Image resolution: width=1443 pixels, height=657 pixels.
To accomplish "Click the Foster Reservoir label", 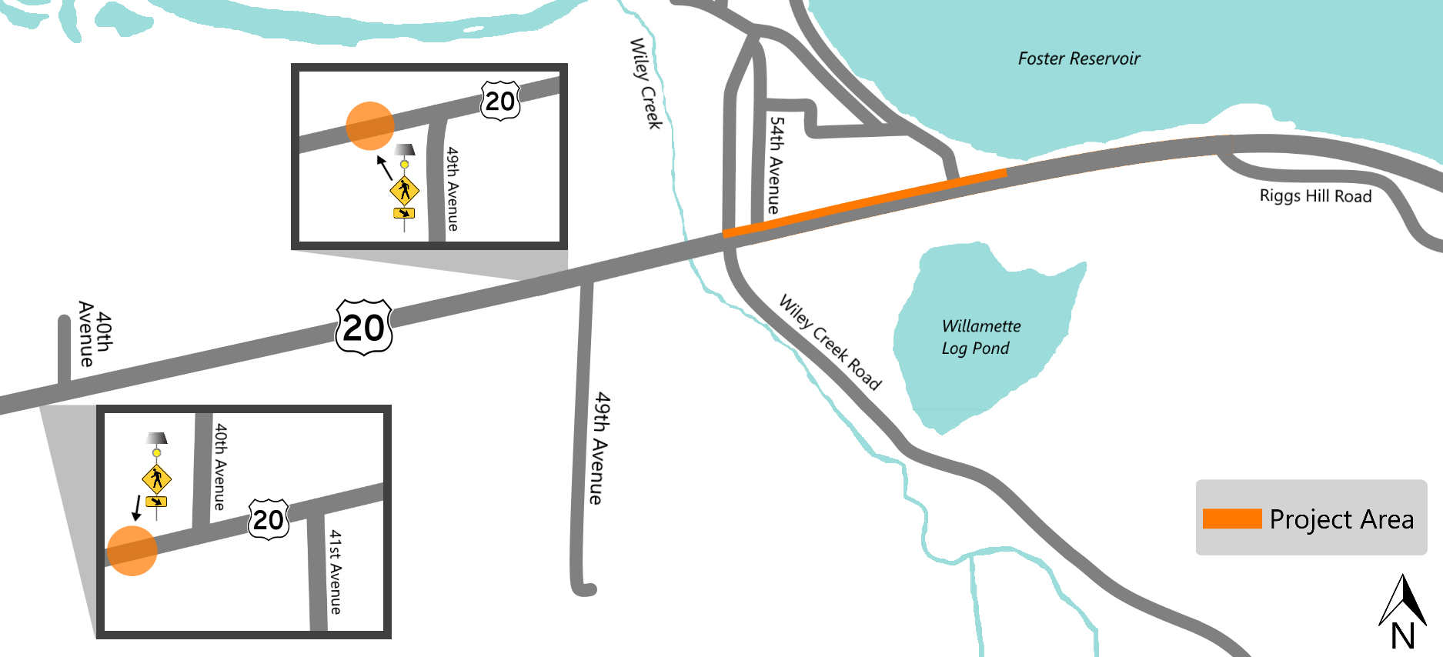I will (x=1078, y=58).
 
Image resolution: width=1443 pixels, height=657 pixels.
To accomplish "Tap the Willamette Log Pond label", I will (x=980, y=337).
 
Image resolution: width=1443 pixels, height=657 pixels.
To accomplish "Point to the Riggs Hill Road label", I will (x=1315, y=196).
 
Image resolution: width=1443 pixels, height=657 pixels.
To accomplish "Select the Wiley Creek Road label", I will (x=830, y=342).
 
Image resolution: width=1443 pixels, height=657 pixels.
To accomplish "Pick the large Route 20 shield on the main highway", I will (x=364, y=328).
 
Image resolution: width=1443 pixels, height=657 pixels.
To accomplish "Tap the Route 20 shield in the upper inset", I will (x=500, y=101).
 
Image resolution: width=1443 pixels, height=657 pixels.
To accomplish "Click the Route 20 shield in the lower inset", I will (x=268, y=520).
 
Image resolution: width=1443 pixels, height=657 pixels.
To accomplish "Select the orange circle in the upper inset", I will (x=370, y=125).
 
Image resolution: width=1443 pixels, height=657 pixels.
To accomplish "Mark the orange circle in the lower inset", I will (x=132, y=551).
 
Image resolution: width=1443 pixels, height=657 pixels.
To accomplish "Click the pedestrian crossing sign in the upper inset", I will (x=404, y=189).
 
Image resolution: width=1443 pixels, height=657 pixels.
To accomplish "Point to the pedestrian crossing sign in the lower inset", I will (x=157, y=479).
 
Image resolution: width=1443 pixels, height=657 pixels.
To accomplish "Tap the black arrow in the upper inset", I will (x=384, y=167).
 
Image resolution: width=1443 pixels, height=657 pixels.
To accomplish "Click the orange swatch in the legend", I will (x=1231, y=519).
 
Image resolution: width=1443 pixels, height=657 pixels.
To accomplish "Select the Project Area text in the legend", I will (x=1341, y=519).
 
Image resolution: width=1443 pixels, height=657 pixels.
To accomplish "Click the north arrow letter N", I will (x=1402, y=636).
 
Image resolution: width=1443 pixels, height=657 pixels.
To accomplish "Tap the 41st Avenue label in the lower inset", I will (x=336, y=571).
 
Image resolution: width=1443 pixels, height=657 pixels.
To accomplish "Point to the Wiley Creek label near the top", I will (x=646, y=83).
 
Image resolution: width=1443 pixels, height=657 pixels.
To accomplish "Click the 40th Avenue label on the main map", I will (x=95, y=334).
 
